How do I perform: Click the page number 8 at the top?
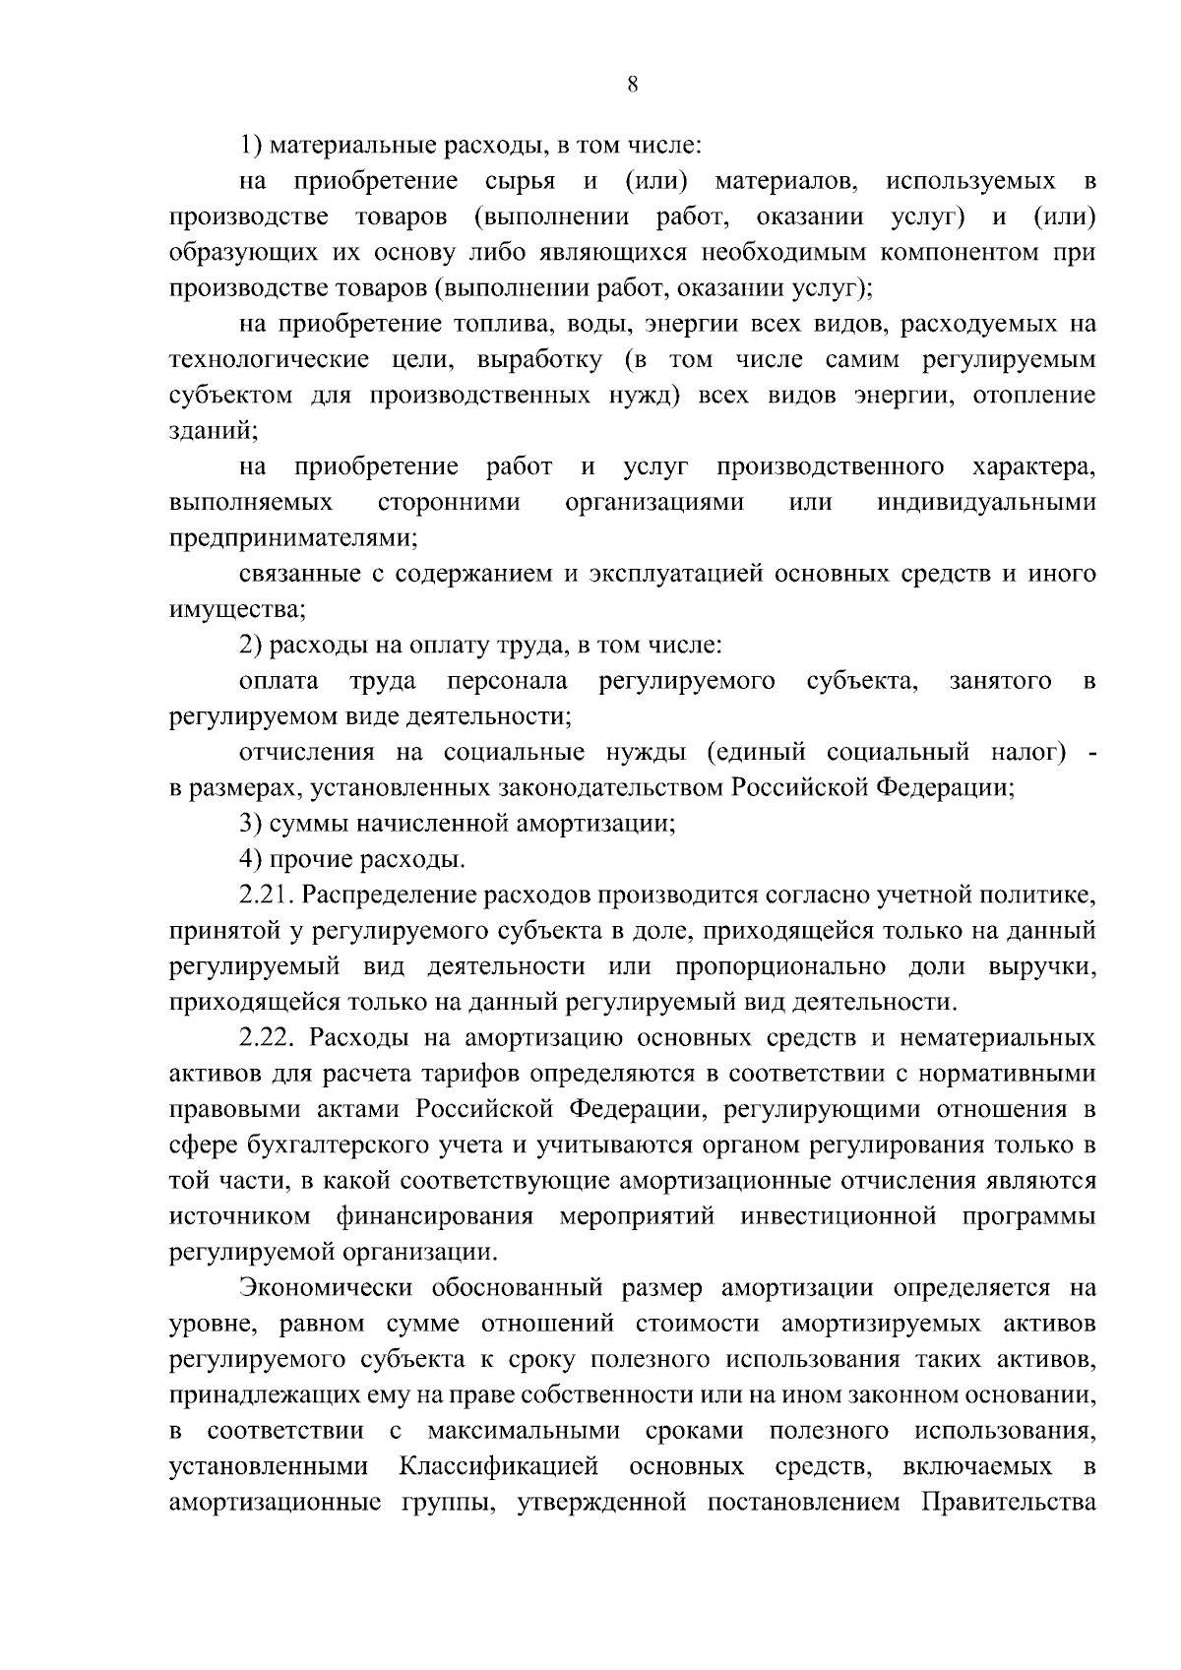tap(633, 85)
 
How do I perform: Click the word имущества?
tap(236, 610)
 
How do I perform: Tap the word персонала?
tap(507, 681)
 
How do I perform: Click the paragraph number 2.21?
tap(266, 896)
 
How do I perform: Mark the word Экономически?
tap(326, 1289)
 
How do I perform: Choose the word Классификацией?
tap(499, 1467)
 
